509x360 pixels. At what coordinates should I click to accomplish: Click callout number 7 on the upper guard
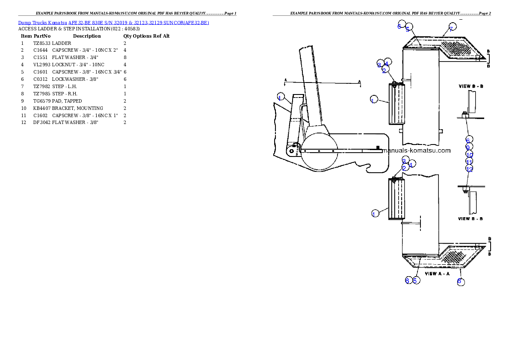click(452, 28)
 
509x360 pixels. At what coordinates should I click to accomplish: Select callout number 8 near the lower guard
click(460, 281)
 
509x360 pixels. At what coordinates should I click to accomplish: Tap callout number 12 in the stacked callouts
click(469, 169)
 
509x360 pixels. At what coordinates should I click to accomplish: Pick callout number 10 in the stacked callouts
click(469, 155)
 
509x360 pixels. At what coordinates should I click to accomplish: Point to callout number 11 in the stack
click(469, 162)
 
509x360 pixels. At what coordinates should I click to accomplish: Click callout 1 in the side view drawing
click(280, 97)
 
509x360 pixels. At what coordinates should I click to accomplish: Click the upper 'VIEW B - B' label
click(471, 86)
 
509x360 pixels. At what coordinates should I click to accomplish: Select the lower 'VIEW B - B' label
click(471, 218)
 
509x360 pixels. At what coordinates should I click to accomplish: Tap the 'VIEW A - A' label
click(437, 273)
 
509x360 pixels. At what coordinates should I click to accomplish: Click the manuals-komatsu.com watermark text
click(416, 150)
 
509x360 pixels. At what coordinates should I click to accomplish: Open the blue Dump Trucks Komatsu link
click(113, 22)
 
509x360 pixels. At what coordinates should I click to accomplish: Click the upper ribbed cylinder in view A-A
click(397, 104)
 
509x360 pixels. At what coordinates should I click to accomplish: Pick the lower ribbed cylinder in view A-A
click(397, 199)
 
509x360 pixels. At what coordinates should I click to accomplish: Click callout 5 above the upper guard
click(408, 28)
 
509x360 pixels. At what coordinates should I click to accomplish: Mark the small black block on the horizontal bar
click(378, 148)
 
